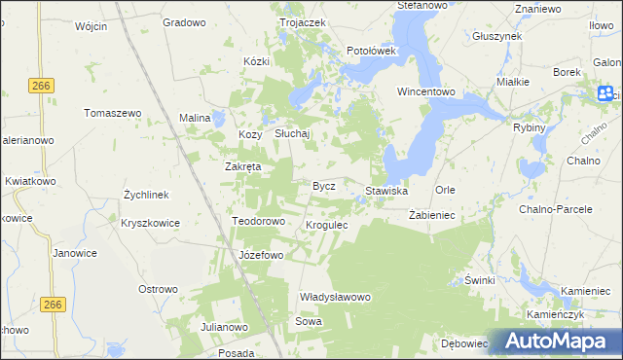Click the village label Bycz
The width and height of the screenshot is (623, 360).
323,185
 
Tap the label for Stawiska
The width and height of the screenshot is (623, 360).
386,191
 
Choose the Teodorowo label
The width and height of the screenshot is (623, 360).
258,221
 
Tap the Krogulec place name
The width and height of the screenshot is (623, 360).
327,225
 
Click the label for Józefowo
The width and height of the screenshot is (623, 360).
260,255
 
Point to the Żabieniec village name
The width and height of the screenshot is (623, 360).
427,214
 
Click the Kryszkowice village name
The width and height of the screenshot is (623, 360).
150,223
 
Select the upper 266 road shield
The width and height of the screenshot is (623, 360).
40,86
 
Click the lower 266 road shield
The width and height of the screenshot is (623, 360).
54,306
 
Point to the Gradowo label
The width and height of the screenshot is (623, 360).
183,21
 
